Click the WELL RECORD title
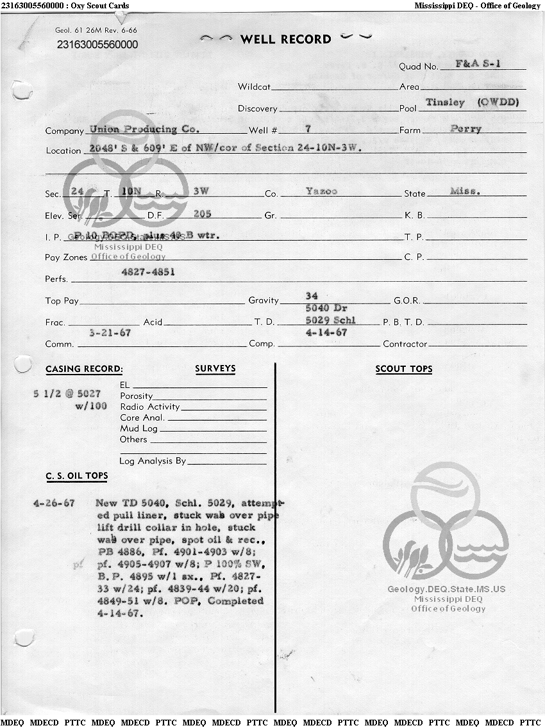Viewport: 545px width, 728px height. (285, 39)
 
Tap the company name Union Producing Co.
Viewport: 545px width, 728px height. (144, 129)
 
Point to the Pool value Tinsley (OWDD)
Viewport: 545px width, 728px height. (472, 102)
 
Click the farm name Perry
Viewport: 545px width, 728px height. (465, 129)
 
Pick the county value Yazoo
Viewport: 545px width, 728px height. (321, 191)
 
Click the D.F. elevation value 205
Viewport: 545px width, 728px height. (202, 214)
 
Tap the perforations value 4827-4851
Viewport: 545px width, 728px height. (148, 271)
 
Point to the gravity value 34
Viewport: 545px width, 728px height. (312, 296)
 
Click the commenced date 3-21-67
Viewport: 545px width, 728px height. (110, 333)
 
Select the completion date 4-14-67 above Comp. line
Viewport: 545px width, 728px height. (326, 333)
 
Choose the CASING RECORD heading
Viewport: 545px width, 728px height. (84, 369)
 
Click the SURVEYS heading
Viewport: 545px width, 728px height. (215, 369)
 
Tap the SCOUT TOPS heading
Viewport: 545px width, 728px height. (404, 369)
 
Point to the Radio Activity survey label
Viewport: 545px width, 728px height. (150, 407)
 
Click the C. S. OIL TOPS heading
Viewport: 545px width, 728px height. (76, 476)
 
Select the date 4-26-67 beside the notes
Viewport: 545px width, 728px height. (54, 503)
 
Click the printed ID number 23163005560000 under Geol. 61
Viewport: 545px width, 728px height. (97, 45)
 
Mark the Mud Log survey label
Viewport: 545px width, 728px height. (138, 428)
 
